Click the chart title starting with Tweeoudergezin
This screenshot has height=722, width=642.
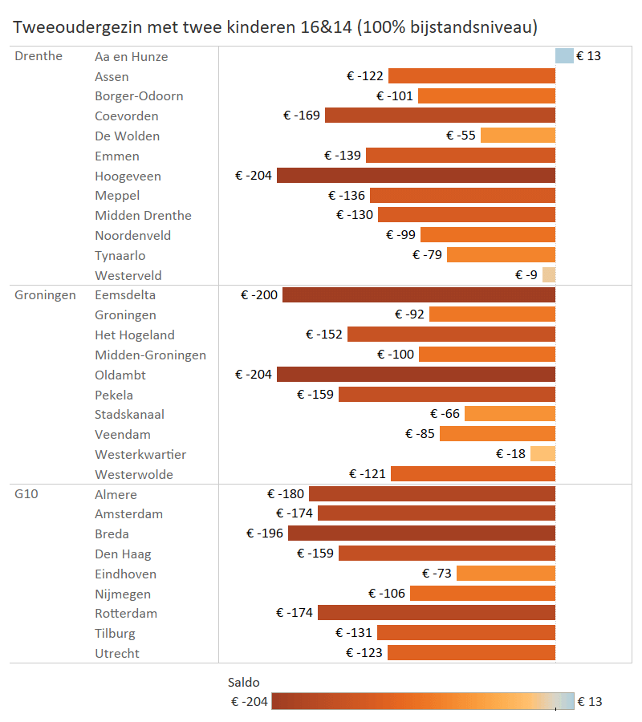(x=275, y=26)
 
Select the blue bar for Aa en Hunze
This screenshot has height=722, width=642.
(x=564, y=56)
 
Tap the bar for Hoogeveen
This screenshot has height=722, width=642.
(x=416, y=176)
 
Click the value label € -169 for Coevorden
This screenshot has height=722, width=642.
(x=302, y=116)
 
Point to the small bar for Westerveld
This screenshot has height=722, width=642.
(x=549, y=275)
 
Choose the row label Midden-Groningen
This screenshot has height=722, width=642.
(x=150, y=355)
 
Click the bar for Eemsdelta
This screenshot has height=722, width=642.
(x=419, y=295)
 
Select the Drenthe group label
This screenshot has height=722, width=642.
(x=39, y=56)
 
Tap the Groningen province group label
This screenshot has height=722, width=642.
(x=45, y=295)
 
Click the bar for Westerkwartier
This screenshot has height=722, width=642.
(x=542, y=454)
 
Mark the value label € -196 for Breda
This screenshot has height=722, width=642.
(x=265, y=534)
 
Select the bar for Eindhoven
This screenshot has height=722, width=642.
(x=506, y=574)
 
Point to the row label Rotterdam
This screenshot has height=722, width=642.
(x=126, y=614)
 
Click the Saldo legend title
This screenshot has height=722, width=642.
(x=244, y=683)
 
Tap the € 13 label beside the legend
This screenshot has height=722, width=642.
(x=590, y=702)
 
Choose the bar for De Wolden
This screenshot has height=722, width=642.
(x=518, y=136)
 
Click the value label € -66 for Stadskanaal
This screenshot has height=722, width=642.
(x=445, y=415)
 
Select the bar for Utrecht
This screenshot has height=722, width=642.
(x=471, y=653)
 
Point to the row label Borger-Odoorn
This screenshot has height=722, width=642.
(x=139, y=96)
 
